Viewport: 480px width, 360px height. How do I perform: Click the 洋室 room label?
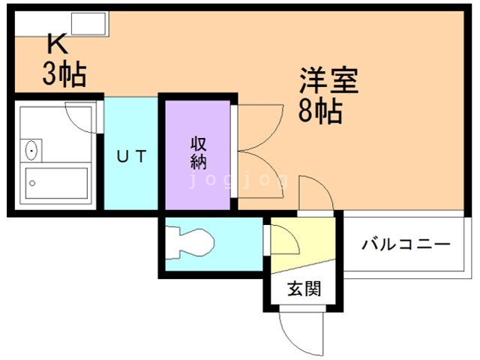[329, 81]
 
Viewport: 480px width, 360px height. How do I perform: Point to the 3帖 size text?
[63, 75]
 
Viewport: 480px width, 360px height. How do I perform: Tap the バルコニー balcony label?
[406, 245]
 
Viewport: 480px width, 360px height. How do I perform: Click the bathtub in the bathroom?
[56, 182]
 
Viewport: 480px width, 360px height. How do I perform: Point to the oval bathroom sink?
[31, 150]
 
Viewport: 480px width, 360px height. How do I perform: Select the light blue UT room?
[130, 187]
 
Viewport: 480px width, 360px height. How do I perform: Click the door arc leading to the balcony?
[315, 193]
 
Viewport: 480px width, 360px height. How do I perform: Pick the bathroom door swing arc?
[81, 116]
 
